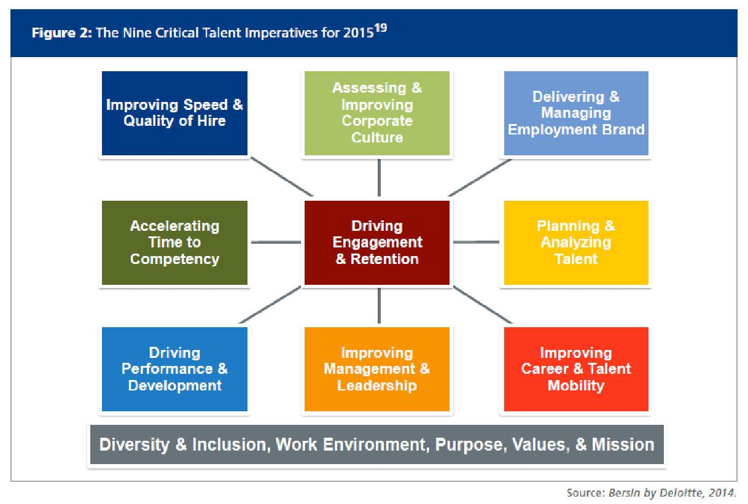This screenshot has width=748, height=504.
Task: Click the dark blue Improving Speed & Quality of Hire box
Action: point(174,114)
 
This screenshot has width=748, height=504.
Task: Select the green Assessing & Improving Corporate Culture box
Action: point(377,114)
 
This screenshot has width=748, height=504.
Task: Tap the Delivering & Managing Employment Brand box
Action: point(576,114)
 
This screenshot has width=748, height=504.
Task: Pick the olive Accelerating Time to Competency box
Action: point(174,242)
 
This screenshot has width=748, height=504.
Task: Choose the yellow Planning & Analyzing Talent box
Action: point(576,242)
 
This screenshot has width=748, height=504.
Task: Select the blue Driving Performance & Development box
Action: point(174,369)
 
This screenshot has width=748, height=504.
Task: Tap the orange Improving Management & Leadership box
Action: point(377,369)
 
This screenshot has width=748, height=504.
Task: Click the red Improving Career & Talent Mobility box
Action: point(576,369)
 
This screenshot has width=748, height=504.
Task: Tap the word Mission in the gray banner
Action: point(623,444)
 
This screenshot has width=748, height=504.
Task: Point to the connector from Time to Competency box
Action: point(276,242)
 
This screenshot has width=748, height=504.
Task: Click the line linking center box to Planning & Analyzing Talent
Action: point(476,242)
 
